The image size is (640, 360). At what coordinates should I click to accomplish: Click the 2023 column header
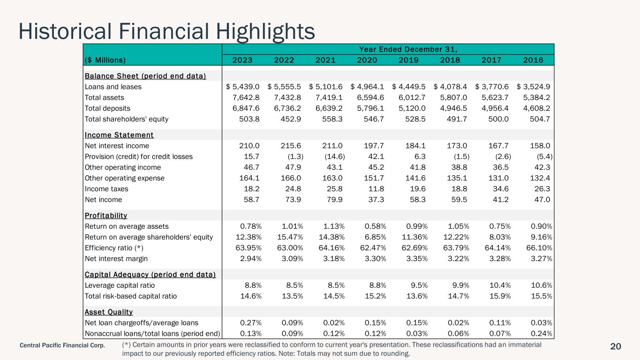(x=242, y=60)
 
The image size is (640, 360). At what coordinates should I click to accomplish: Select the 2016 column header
(x=533, y=60)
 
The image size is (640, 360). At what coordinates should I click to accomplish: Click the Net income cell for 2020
(x=374, y=200)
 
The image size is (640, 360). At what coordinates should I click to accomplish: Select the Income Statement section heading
(x=119, y=135)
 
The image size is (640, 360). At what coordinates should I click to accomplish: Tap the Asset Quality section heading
(x=109, y=312)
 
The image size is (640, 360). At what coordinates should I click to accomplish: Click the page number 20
(x=616, y=346)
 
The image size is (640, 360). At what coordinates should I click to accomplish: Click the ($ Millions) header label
(x=105, y=60)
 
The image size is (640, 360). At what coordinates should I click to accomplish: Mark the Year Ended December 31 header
(x=408, y=49)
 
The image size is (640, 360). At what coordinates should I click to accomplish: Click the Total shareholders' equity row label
(x=127, y=119)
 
